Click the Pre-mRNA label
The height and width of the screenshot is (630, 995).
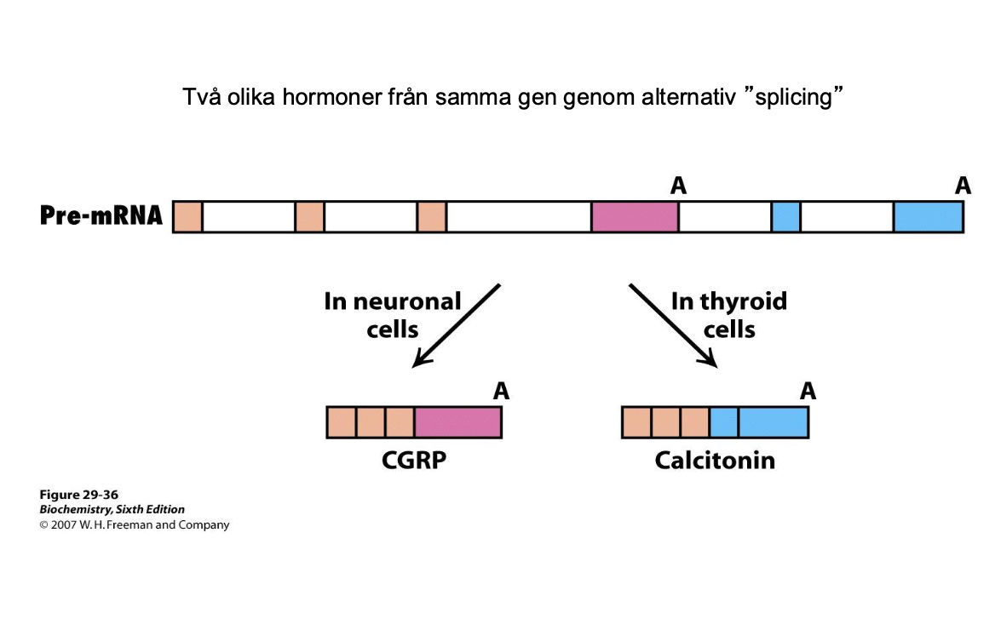coord(101,215)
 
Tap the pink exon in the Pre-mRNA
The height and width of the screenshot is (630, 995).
coord(635,217)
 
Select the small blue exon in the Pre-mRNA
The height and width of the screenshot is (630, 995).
coord(785,217)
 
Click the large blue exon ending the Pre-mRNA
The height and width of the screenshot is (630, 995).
coord(928,217)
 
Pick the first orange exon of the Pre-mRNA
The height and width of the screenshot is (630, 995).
coord(187,217)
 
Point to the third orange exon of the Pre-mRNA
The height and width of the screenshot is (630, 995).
coord(432,217)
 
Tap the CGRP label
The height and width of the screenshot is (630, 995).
coord(414,461)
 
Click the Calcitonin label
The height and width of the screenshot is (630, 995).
coord(715,461)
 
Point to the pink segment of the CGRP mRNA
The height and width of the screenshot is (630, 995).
coord(457,422)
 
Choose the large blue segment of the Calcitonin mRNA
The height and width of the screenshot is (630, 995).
coord(773,422)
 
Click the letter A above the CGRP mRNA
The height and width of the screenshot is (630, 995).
coord(501,392)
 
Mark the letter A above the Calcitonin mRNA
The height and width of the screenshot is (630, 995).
coord(808,392)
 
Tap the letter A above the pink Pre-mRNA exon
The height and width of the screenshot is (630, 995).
coord(678,186)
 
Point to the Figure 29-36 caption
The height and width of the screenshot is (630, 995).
coord(79,495)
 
